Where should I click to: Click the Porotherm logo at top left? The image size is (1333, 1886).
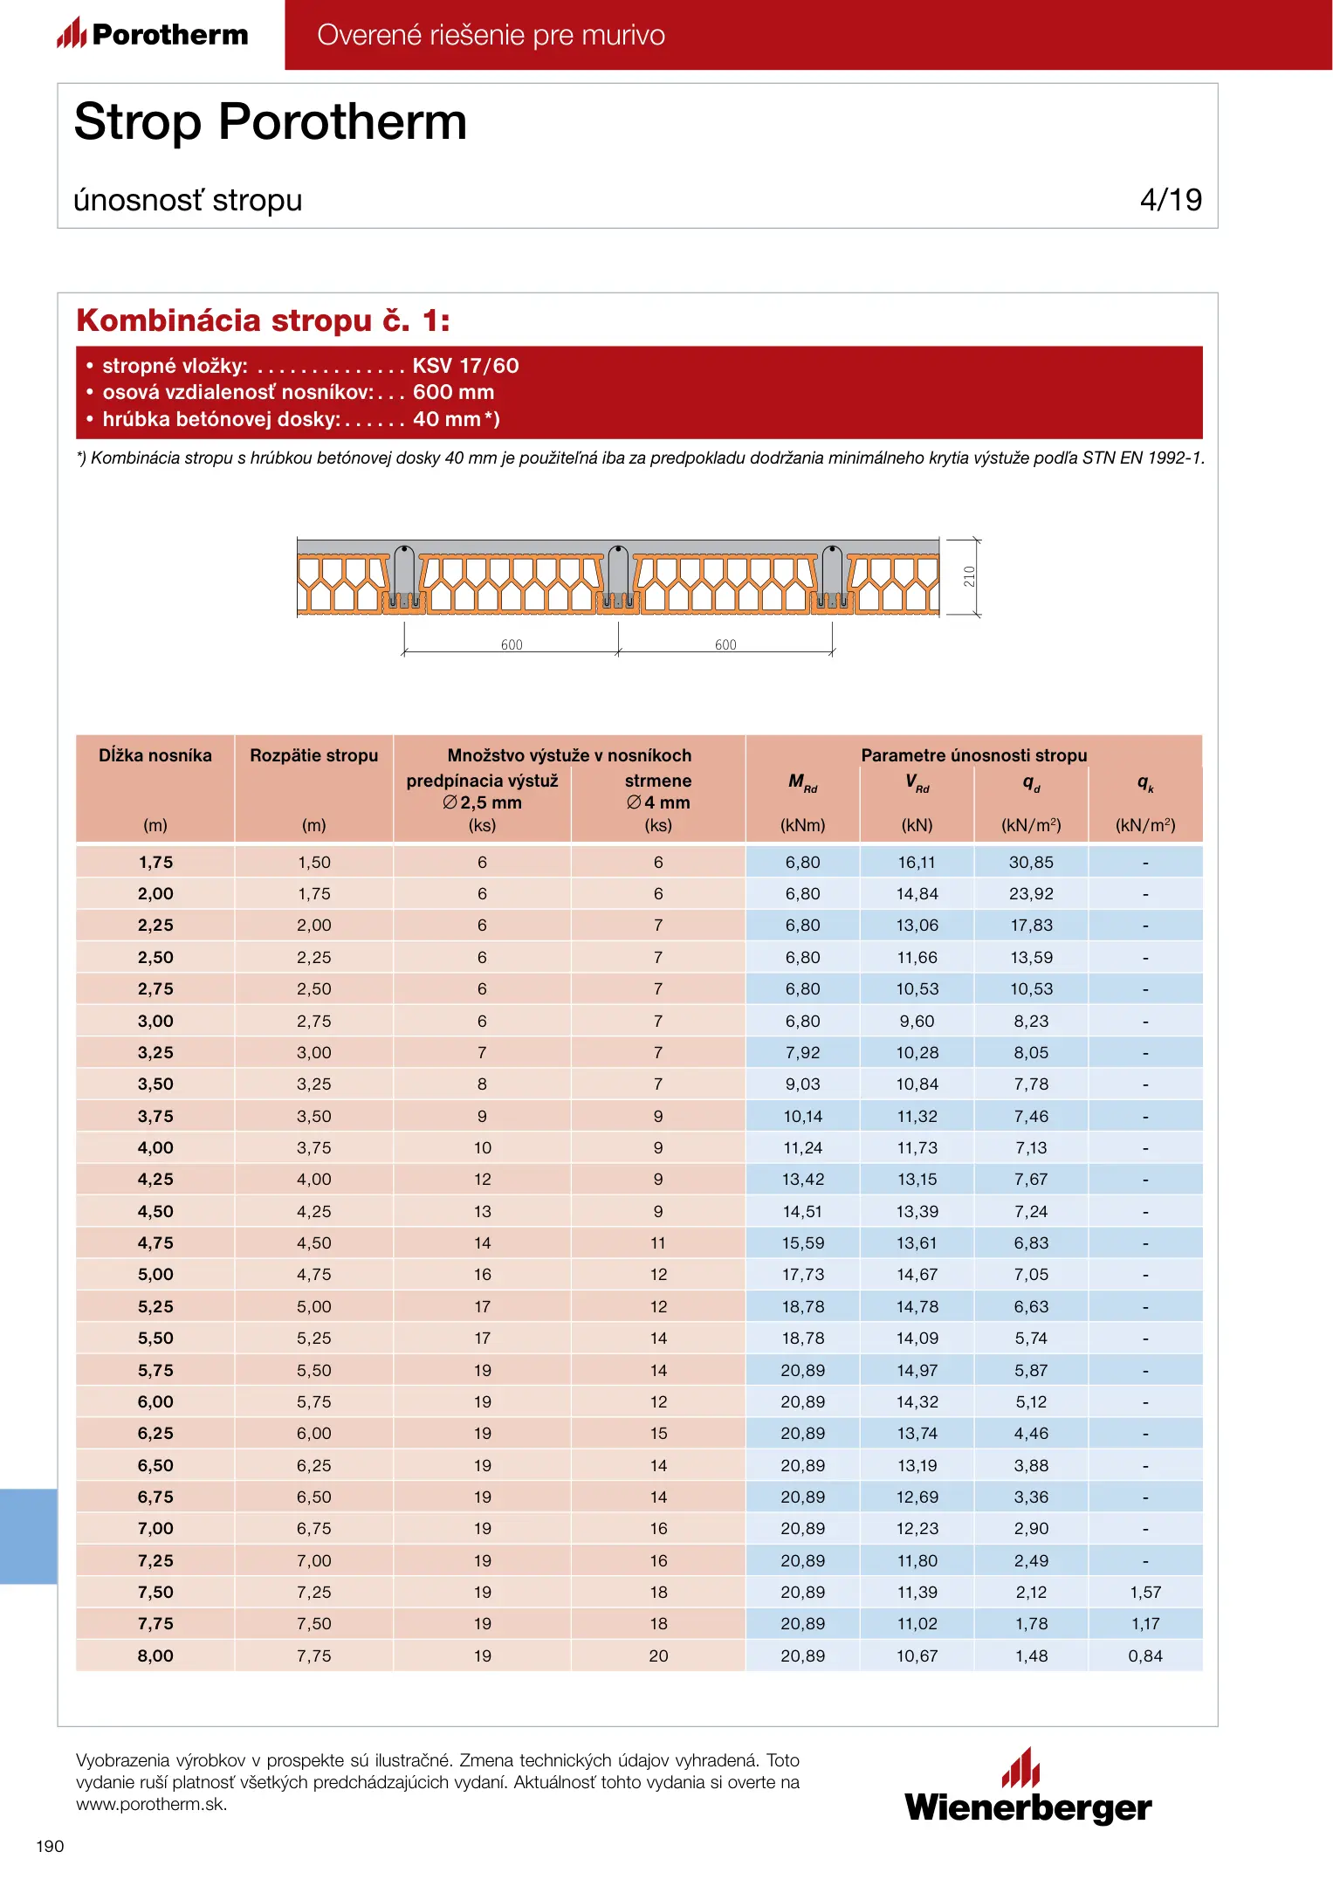point(153,34)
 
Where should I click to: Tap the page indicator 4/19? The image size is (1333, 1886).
point(1170,200)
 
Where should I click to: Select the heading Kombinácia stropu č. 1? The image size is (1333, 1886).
point(263,320)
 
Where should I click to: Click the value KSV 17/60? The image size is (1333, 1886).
point(465,366)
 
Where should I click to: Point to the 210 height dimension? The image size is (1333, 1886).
point(969,576)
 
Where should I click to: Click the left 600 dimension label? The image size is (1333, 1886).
point(512,645)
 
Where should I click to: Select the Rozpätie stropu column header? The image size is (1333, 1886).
point(313,755)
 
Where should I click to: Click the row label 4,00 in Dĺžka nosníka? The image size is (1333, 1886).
point(155,1147)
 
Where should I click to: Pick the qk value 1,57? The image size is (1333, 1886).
point(1145,1592)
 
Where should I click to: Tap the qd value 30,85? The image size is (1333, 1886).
point(1031,862)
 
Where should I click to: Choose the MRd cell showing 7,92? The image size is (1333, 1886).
point(802,1052)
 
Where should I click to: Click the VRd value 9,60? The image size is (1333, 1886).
point(917,1021)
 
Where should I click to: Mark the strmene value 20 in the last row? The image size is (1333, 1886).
point(658,1655)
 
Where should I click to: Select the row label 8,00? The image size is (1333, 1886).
point(155,1655)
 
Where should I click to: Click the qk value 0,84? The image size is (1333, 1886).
point(1145,1655)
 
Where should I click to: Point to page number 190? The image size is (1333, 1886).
point(50,1846)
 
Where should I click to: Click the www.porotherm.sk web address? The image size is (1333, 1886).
point(151,1804)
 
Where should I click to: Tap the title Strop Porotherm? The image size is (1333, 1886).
point(271,121)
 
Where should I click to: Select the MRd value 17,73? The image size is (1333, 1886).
point(802,1274)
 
